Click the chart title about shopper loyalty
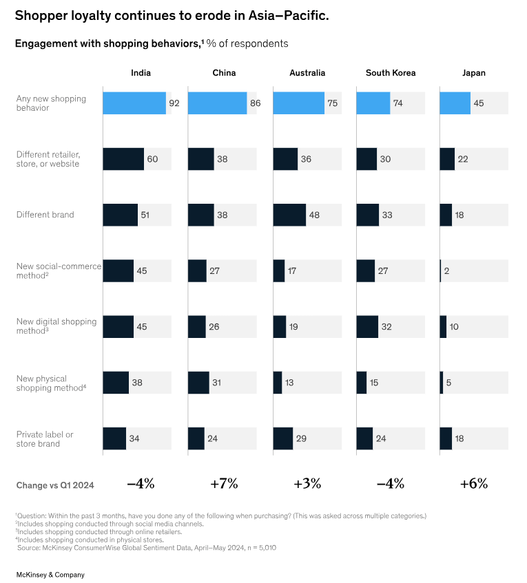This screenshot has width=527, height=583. pos(172,16)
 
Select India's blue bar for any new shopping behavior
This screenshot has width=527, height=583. pos(134,103)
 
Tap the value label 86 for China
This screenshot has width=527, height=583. pos(256,103)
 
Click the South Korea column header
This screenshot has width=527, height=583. pos(390,73)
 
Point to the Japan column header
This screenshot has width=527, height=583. pos(473,73)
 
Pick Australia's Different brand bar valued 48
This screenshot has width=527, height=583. pos(289,215)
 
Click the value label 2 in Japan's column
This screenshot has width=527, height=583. pos(446,271)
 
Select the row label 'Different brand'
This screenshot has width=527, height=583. pos(45,215)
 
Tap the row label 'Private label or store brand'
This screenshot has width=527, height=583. pos(45,438)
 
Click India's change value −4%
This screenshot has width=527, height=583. pos(140,483)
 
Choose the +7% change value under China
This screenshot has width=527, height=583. pos(224,483)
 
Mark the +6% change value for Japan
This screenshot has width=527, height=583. pos(473,483)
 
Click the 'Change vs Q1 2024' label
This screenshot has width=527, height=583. pos(55,485)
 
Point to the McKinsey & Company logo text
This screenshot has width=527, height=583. pos(50,574)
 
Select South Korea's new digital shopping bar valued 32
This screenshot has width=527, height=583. pos(367,327)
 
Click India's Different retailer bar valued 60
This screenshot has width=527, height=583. pos(123,159)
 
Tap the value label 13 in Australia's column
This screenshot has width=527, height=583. pos(291,383)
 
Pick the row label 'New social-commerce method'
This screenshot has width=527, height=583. pos(58,271)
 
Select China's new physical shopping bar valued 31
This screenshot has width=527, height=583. pos(198,383)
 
